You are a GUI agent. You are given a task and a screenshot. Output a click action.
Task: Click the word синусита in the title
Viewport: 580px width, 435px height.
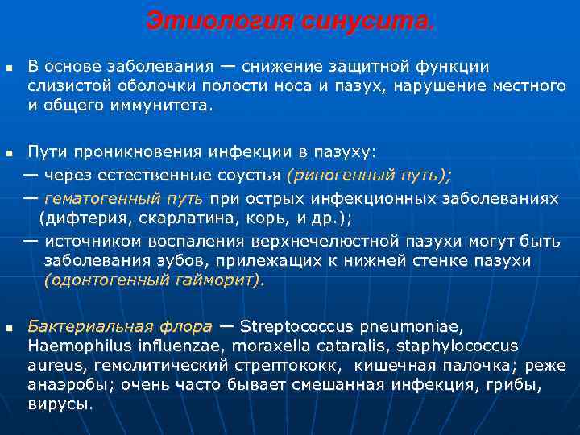click(x=367, y=21)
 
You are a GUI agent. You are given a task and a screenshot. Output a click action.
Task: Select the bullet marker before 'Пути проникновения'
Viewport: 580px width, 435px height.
click(x=9, y=152)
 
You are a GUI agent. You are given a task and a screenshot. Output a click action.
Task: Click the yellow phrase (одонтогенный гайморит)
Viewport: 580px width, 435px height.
click(x=154, y=280)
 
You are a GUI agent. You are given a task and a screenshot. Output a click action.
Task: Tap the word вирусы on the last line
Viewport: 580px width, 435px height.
click(x=60, y=404)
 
